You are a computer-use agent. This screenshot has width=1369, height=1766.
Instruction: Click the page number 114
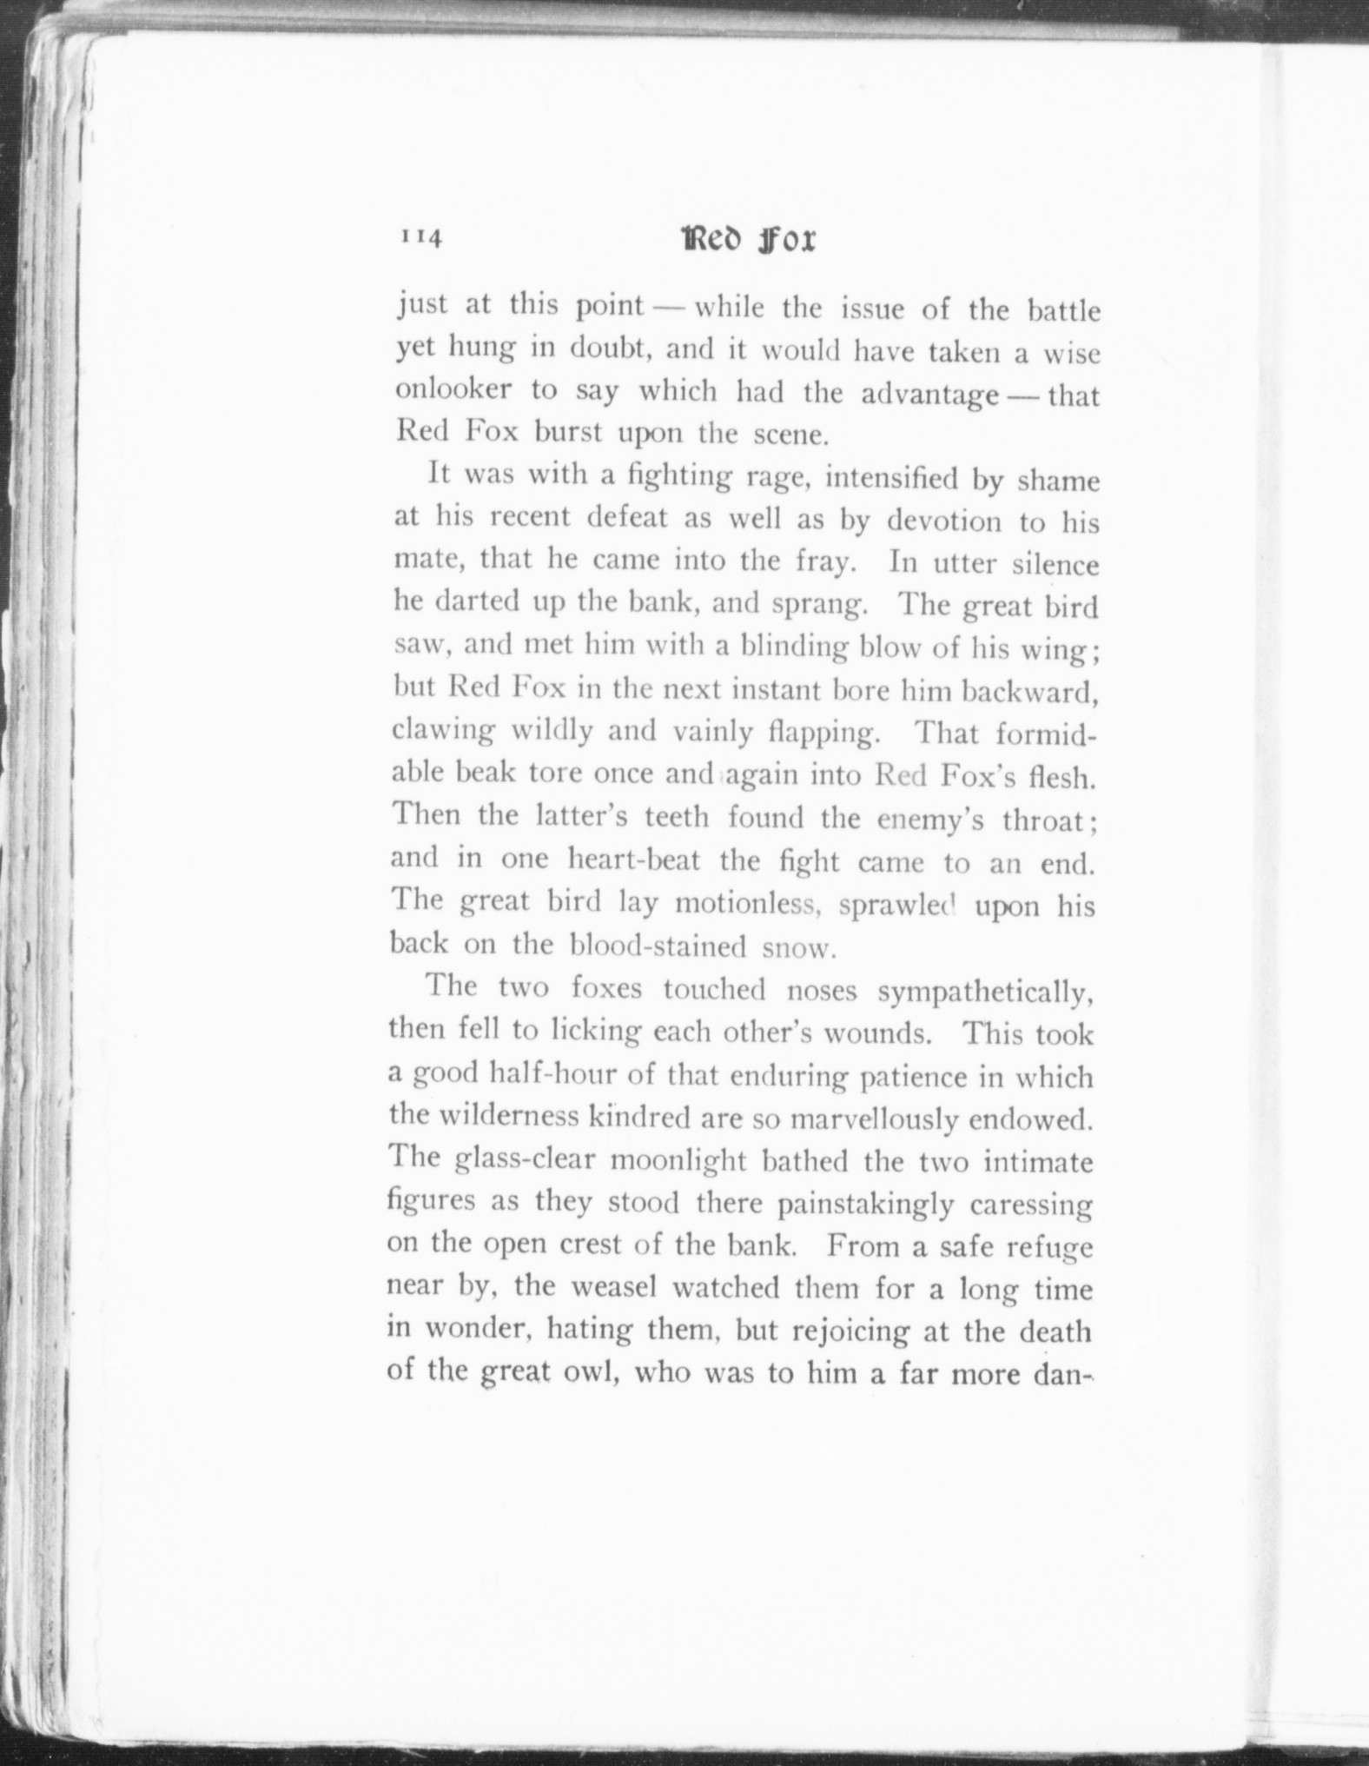tap(421, 237)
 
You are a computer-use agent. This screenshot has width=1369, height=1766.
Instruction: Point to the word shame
tap(1057, 481)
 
